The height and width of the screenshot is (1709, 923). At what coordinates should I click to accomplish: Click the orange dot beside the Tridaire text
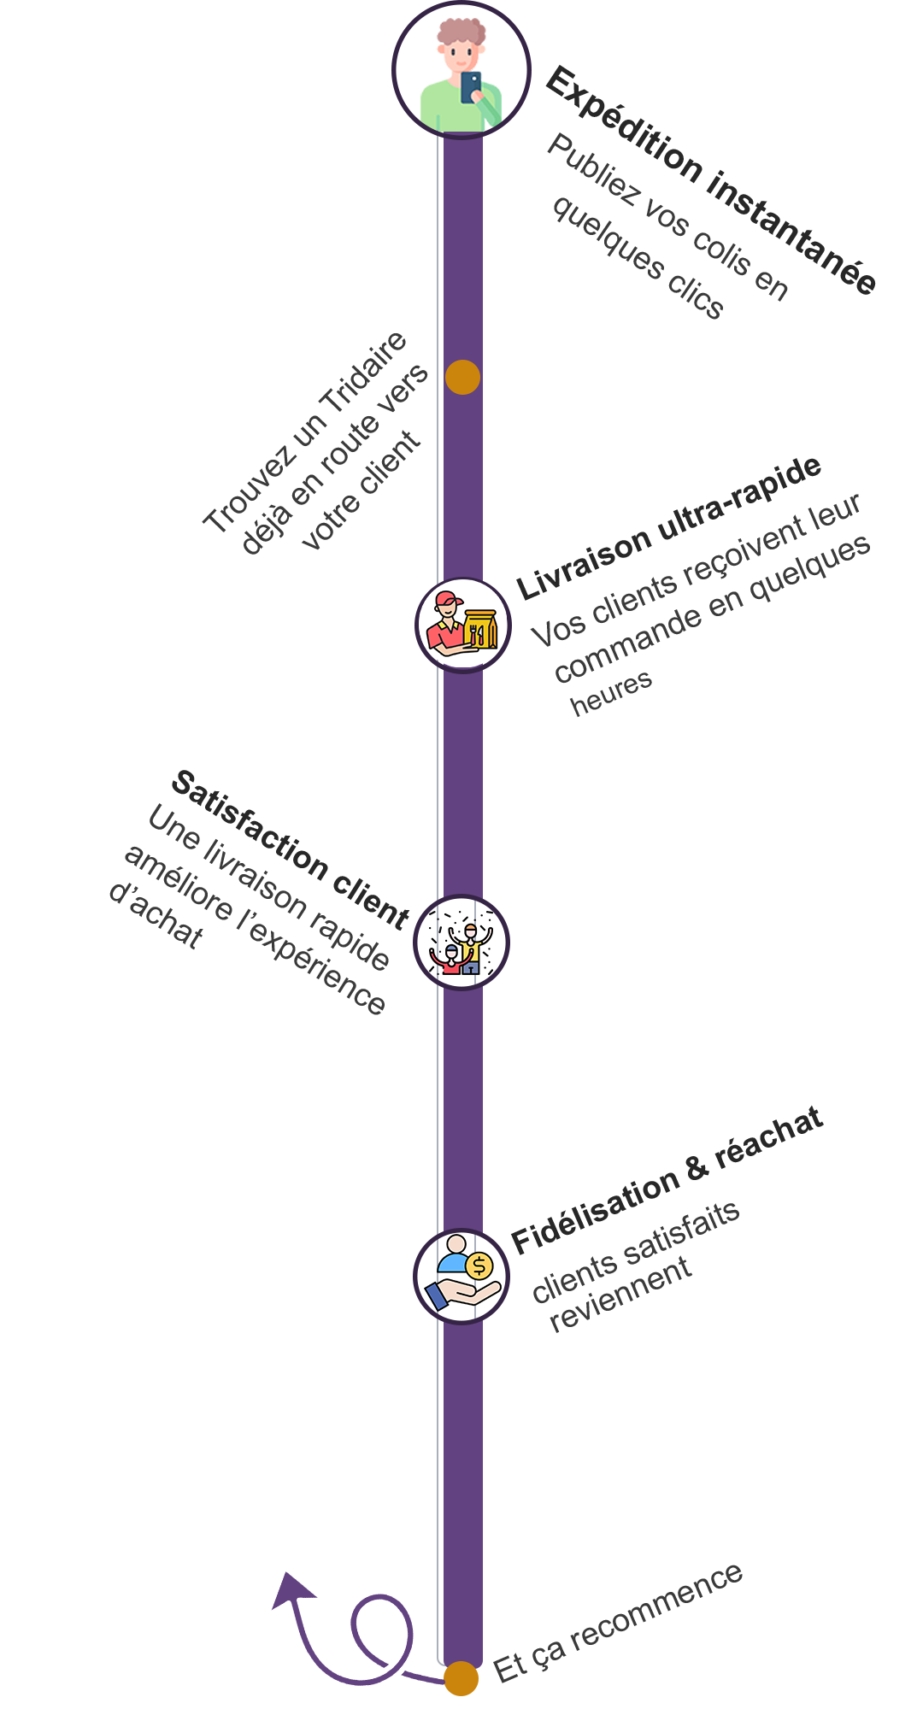(x=462, y=377)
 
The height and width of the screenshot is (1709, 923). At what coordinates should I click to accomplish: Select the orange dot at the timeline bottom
(x=461, y=1678)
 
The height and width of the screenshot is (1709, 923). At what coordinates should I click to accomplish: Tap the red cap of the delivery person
(x=448, y=600)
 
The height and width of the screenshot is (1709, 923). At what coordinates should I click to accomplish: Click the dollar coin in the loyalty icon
(x=479, y=1266)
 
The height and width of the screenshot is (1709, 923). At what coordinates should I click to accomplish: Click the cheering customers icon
(x=461, y=943)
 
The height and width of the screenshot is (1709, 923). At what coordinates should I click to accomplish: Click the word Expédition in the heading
(x=623, y=125)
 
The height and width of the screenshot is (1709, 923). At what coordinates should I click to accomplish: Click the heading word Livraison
(x=585, y=563)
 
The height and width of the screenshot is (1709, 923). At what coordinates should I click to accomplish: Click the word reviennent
(x=620, y=1295)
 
